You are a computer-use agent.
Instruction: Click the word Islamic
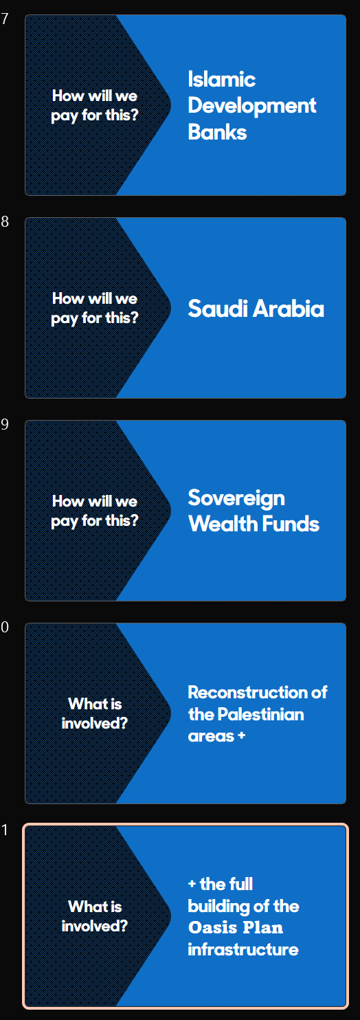[x=222, y=79]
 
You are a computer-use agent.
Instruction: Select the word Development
[x=251, y=107]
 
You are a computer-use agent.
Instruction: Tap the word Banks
[x=217, y=132]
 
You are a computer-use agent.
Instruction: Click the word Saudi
[x=218, y=309]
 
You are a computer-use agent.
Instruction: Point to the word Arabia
[x=289, y=309]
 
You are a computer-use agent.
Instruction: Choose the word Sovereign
[x=236, y=498]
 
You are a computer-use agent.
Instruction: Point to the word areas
[x=211, y=736]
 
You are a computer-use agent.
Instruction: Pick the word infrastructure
[x=243, y=949]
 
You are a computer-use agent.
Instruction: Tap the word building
[x=218, y=907]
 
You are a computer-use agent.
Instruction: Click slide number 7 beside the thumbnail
[x=5, y=19]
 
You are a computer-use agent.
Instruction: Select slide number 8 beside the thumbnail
[x=5, y=221]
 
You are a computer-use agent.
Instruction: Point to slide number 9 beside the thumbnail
[x=5, y=424]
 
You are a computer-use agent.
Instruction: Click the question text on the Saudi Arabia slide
[x=95, y=309]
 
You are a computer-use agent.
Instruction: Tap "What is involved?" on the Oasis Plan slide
[x=95, y=916]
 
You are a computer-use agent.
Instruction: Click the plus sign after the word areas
[x=242, y=735]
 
